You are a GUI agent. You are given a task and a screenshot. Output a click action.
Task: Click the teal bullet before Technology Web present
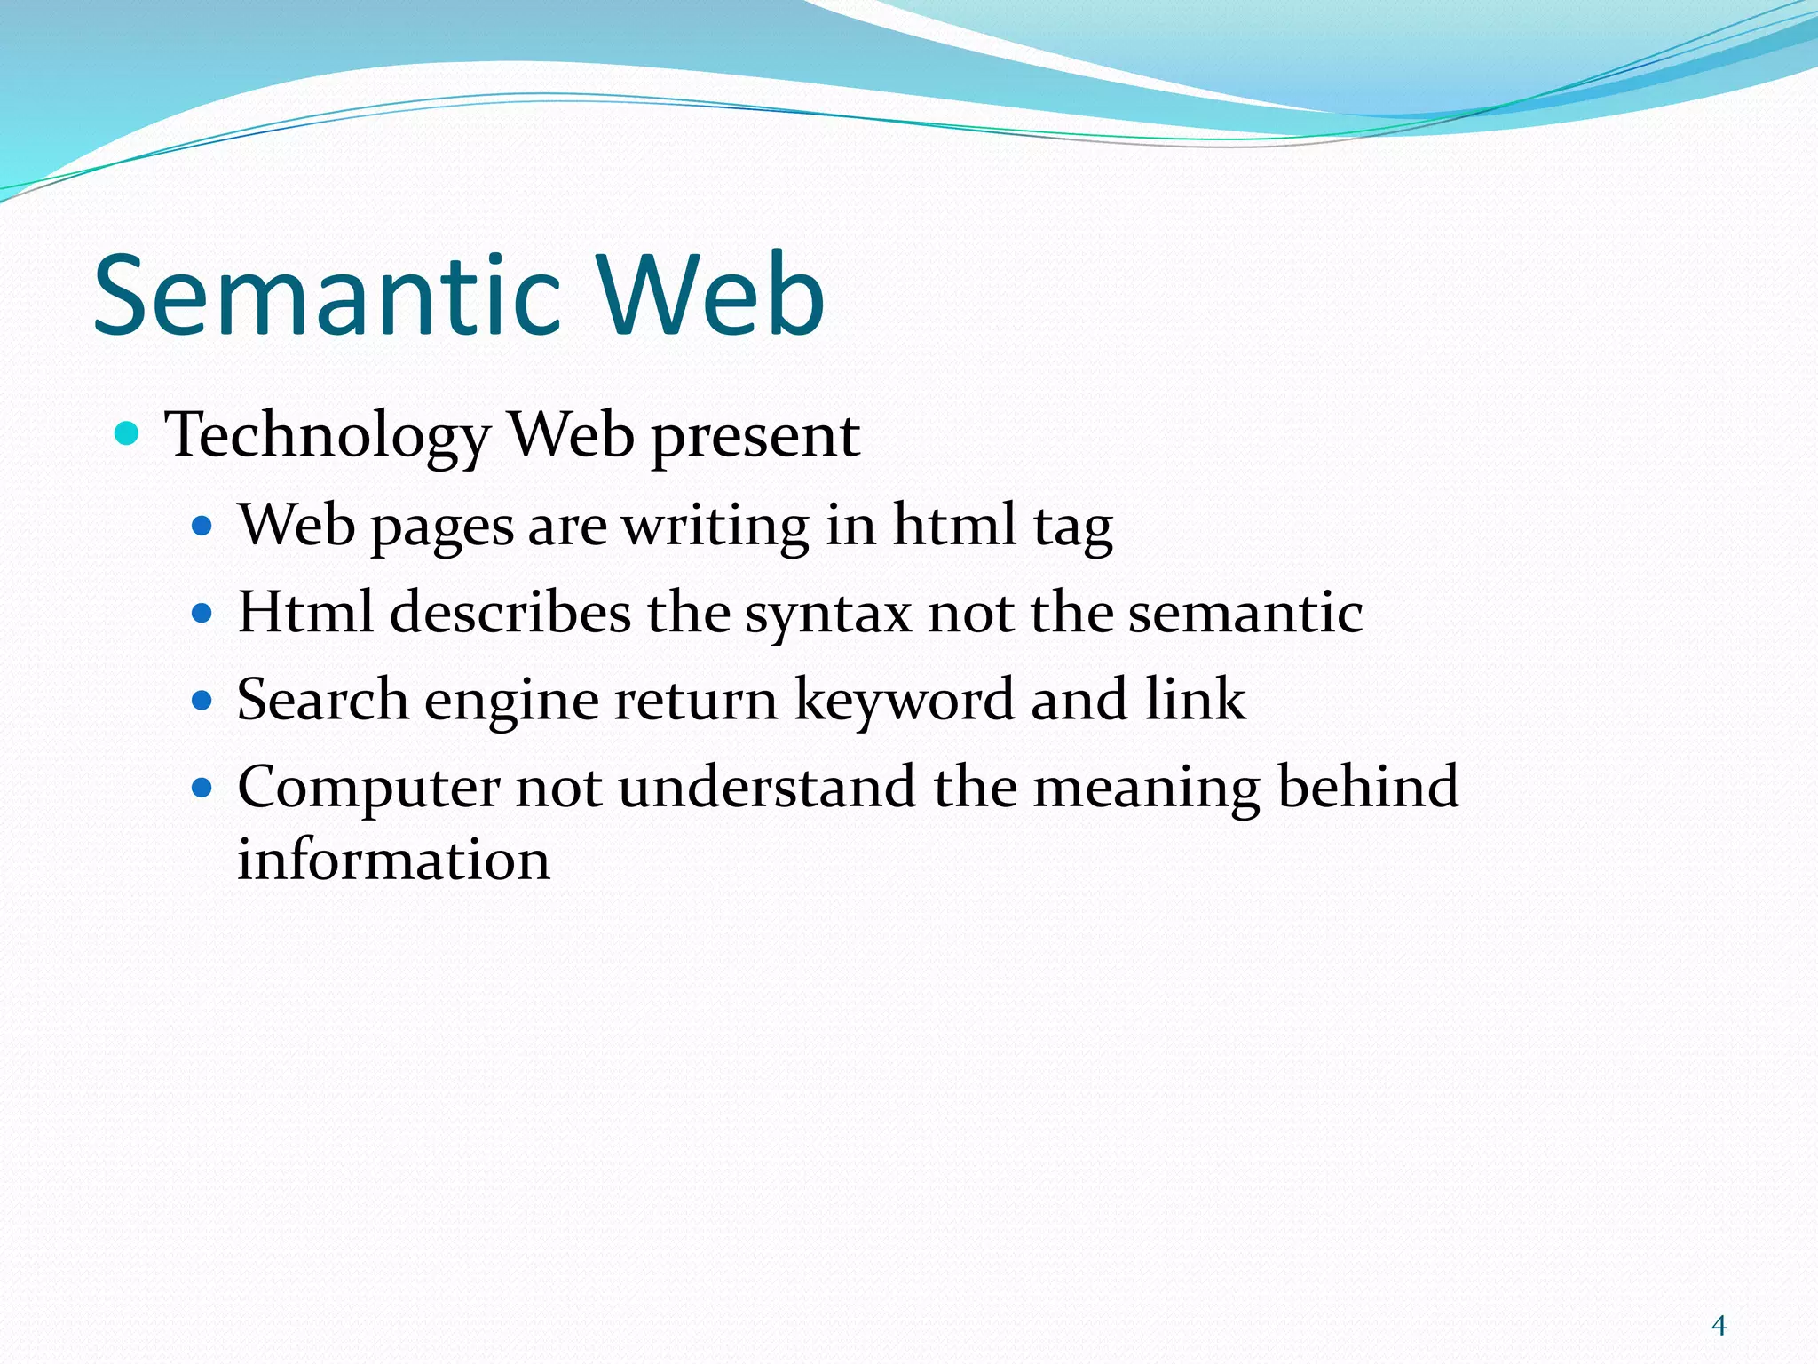(128, 434)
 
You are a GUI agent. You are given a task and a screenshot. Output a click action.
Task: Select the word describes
(510, 612)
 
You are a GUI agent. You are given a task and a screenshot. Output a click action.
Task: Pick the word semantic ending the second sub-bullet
(1245, 612)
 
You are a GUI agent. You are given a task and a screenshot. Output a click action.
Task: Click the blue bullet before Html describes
(202, 613)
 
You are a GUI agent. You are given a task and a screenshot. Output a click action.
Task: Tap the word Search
(322, 699)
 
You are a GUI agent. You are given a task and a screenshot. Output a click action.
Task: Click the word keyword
(903, 699)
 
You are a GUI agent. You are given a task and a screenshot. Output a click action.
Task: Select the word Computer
(368, 787)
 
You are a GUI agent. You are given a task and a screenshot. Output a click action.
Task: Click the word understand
(767, 787)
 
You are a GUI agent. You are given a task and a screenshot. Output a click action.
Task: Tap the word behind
(1368, 787)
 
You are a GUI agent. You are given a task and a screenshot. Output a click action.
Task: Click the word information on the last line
(393, 860)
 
